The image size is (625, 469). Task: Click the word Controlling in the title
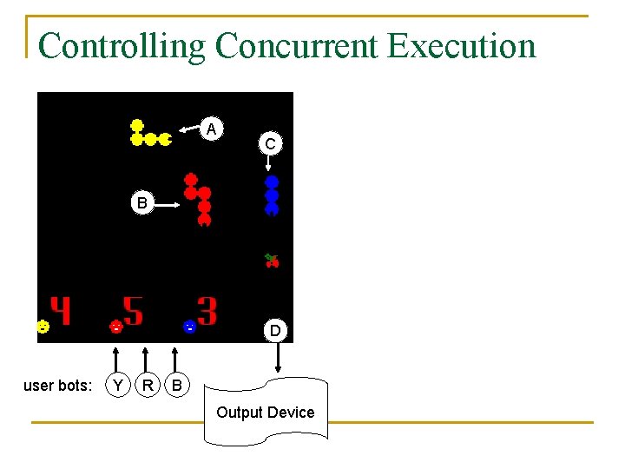[x=122, y=45]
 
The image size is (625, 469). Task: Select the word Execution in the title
[x=461, y=45]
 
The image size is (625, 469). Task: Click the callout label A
[x=211, y=129]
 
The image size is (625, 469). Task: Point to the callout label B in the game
[x=141, y=203]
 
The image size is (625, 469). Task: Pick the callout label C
[x=271, y=143]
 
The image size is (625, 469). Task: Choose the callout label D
[x=275, y=330]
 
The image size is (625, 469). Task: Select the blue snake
[x=272, y=195]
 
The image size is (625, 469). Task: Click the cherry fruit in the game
[x=272, y=260]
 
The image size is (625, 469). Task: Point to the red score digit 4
[x=60, y=311]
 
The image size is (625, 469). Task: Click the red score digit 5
[x=133, y=311]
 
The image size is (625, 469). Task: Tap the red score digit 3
[x=207, y=310]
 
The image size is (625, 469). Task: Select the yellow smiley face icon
[x=42, y=327]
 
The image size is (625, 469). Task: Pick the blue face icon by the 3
[x=188, y=327]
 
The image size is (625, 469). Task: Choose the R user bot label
[x=148, y=384]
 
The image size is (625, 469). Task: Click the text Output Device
[x=266, y=412]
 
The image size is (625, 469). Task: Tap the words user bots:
[x=57, y=385]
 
